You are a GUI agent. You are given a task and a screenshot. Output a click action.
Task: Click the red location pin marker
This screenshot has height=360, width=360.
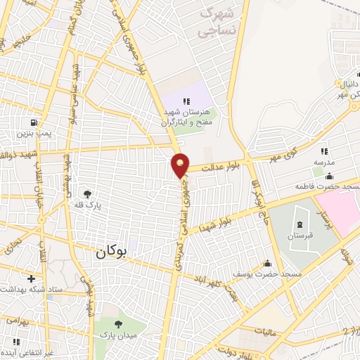point(181,165)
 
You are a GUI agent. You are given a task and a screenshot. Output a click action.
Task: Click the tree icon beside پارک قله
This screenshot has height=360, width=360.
point(87,194)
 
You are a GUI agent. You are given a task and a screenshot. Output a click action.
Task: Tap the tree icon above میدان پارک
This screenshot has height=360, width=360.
point(117,324)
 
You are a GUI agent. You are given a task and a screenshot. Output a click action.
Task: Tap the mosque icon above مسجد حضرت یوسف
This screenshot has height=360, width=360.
point(266,264)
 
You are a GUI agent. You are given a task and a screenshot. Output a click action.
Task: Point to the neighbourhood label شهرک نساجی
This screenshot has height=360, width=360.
point(216,21)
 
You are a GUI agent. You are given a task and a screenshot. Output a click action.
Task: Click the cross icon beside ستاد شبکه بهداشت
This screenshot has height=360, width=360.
point(30,278)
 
